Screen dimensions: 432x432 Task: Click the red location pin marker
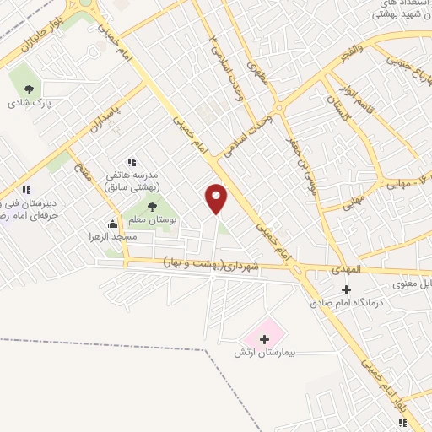(218, 198)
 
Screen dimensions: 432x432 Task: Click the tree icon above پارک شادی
(30, 88)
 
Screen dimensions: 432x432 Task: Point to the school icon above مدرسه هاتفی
(132, 161)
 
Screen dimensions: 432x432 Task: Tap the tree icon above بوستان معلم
(153, 206)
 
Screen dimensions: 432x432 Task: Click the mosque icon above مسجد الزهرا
(112, 224)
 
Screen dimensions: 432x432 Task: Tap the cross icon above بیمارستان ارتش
(265, 338)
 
